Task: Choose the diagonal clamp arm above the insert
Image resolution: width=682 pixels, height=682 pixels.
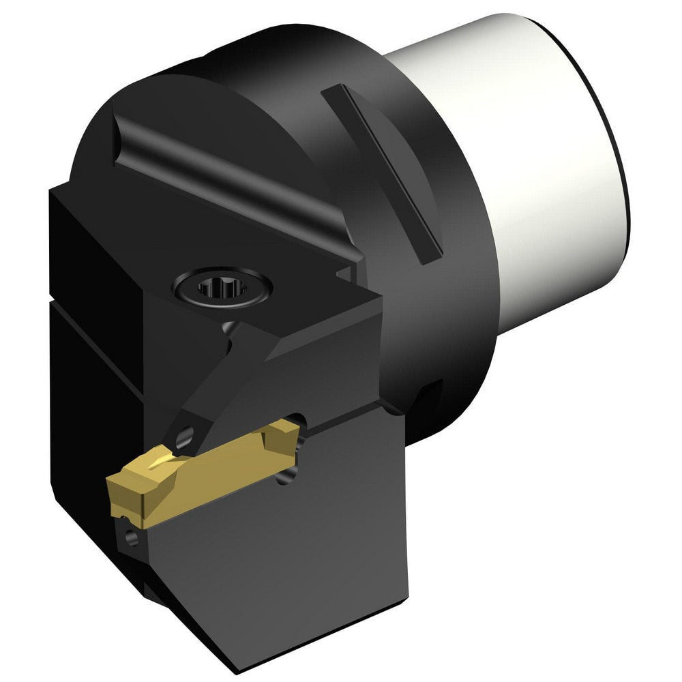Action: [225, 382]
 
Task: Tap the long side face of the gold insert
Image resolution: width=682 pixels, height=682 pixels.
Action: [205, 477]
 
